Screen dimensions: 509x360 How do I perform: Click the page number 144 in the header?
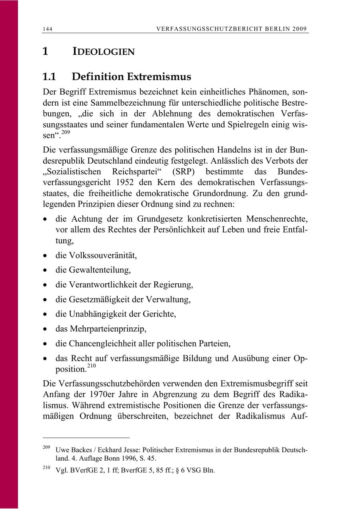pos(48,29)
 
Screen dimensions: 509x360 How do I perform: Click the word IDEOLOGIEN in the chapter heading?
pos(103,52)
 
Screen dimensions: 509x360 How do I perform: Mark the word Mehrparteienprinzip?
pos(108,329)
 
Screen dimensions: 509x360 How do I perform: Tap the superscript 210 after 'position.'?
pos(91,365)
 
